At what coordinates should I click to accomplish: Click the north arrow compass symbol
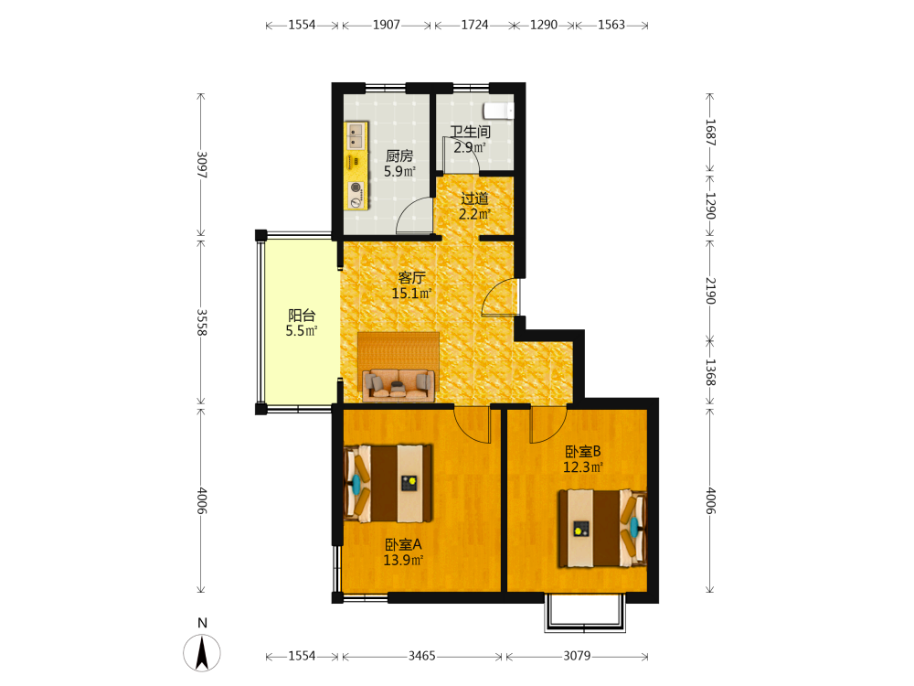[202, 653]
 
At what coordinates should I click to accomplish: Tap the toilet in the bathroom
[498, 111]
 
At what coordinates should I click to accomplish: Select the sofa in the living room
[399, 386]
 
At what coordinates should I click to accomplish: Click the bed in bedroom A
[388, 484]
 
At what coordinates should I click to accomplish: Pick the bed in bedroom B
[602, 529]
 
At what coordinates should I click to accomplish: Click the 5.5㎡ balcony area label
[302, 331]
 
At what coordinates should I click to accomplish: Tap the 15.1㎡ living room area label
[411, 294]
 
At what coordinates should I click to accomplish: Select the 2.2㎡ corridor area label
[474, 214]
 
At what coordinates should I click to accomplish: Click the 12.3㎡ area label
[583, 467]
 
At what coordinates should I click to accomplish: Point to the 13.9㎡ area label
[403, 560]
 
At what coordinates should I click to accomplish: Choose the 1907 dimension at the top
[387, 25]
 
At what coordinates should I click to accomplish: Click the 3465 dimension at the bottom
[421, 656]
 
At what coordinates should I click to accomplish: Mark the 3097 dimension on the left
[202, 165]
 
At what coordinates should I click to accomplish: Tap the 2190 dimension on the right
[710, 291]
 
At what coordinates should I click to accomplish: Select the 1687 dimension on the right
[710, 133]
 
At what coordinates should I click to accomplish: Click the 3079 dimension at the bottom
[577, 656]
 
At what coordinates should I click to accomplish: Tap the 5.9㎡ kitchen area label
[399, 172]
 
